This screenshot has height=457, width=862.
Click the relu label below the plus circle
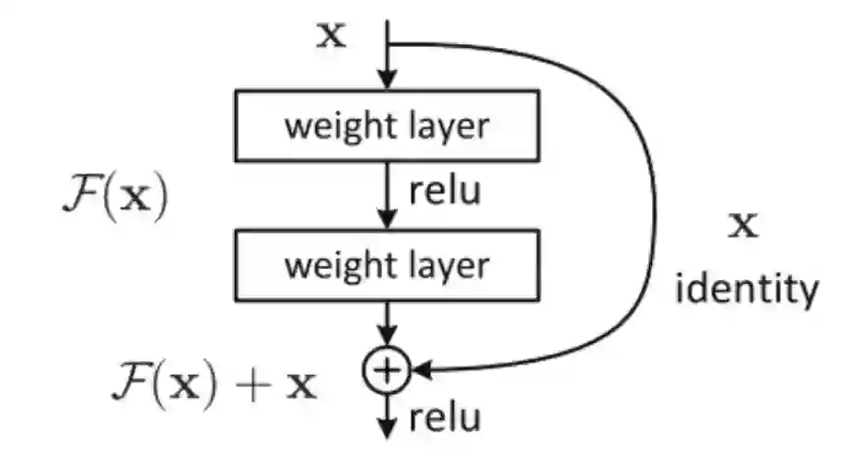[444, 418]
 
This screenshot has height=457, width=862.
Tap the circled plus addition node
[387, 370]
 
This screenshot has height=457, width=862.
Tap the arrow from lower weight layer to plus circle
[387, 327]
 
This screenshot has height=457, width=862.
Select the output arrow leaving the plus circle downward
[387, 415]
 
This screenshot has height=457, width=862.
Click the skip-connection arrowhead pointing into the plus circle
[422, 370]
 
